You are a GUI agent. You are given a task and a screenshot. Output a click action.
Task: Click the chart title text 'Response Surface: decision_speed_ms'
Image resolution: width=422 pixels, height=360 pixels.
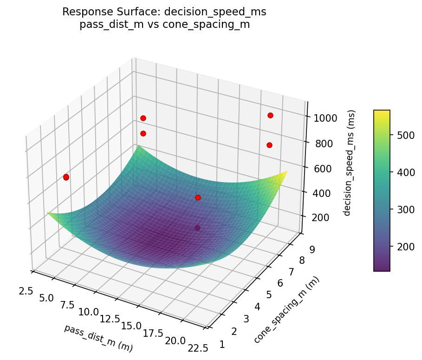click(164, 12)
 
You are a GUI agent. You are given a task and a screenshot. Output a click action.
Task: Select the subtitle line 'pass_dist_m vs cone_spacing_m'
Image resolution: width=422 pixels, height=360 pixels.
click(164, 25)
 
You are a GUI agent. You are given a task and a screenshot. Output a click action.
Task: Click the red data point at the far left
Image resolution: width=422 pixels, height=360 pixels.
click(66, 177)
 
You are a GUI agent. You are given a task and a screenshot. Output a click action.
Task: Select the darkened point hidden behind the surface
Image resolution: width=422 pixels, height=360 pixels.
click(198, 228)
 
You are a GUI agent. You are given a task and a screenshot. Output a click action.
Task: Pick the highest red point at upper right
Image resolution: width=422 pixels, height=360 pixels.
click(270, 115)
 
